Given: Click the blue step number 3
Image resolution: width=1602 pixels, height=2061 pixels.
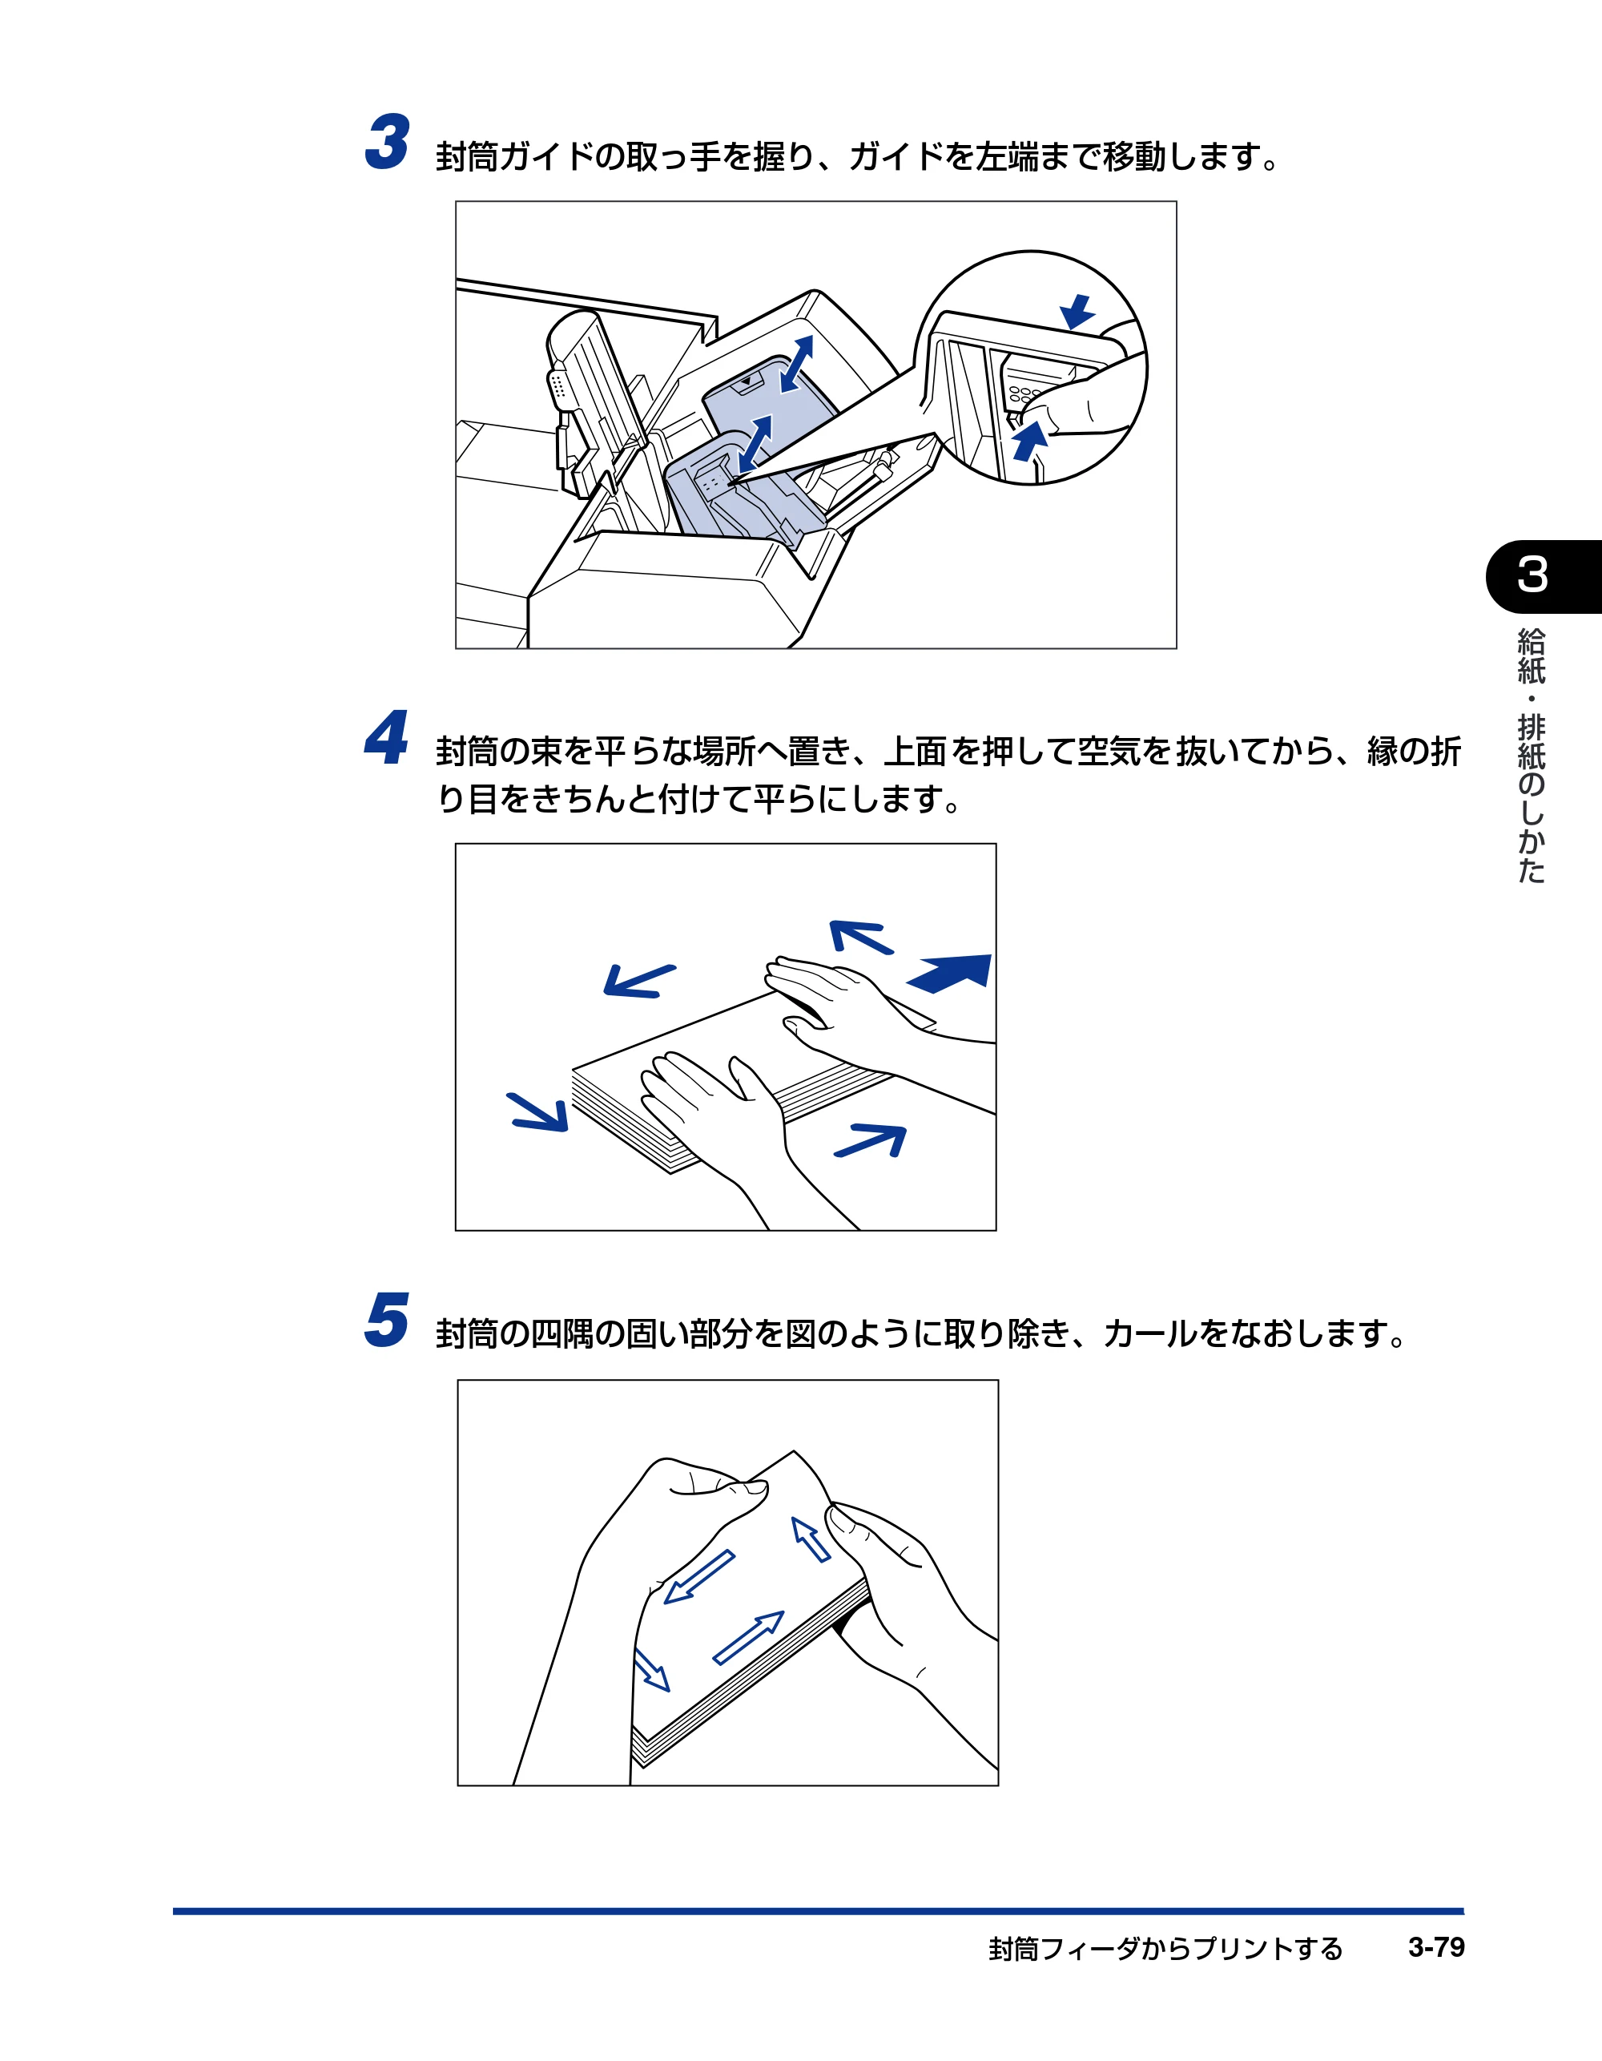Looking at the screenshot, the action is click(388, 143).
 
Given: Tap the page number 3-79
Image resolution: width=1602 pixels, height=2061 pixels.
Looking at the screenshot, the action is click(1436, 1947).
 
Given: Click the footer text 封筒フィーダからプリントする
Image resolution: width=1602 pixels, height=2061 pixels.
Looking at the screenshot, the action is click(1165, 1949).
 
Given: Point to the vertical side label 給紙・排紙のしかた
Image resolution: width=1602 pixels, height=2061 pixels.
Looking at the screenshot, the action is click(1532, 756).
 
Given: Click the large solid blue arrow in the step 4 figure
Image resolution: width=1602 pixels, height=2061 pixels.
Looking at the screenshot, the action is click(949, 972).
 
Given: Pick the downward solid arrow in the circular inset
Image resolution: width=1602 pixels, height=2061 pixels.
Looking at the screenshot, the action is click(1077, 312).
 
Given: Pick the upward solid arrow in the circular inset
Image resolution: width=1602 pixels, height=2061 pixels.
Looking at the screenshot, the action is click(1030, 441).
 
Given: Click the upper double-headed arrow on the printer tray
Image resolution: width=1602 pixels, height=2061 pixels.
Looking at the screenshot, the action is click(797, 363).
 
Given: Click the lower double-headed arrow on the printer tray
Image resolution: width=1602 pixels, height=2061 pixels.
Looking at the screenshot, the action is click(755, 442).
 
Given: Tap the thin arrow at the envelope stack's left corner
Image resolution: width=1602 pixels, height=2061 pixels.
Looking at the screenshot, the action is click(537, 1111).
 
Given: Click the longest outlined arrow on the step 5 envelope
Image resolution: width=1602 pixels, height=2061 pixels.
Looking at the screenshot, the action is click(748, 1637).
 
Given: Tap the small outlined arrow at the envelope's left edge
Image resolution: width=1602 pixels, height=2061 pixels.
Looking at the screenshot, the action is click(651, 1670).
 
